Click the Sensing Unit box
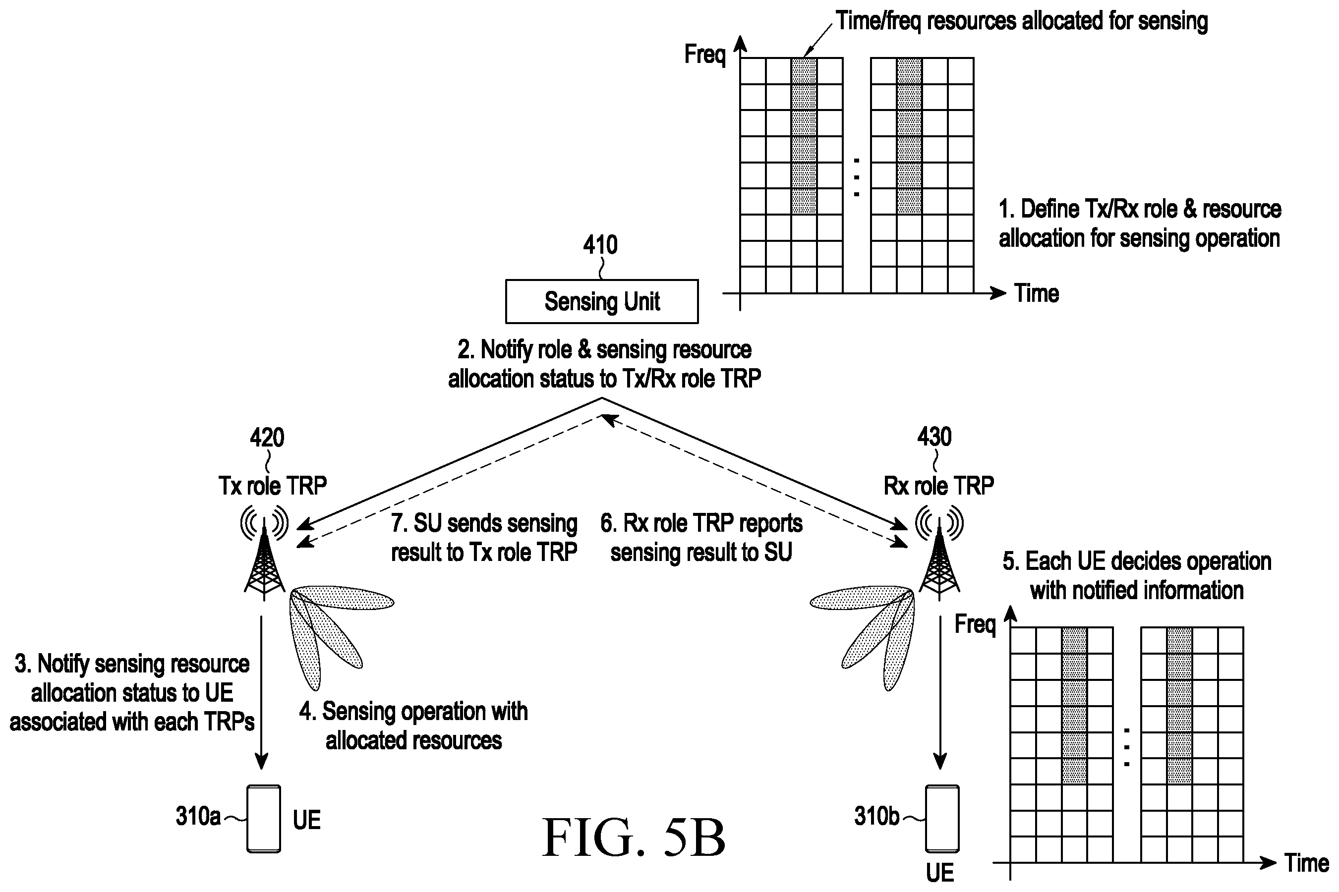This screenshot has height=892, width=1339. (601, 301)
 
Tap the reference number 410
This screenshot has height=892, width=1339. (600, 245)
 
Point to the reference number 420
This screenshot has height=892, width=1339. (267, 438)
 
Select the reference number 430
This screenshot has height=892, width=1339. (934, 437)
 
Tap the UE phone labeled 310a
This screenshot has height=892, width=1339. (263, 819)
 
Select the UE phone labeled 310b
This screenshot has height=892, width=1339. (942, 819)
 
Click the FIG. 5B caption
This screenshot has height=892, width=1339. (634, 837)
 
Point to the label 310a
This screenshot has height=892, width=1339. (198, 816)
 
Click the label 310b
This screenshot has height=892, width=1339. (877, 816)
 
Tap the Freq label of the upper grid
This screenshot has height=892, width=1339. (705, 55)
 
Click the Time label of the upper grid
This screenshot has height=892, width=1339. (1036, 293)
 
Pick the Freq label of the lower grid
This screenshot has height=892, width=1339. (975, 624)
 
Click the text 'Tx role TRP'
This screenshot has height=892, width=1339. (273, 486)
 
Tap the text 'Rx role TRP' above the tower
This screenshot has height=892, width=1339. (938, 486)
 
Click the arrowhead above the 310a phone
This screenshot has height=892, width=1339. (261, 762)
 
